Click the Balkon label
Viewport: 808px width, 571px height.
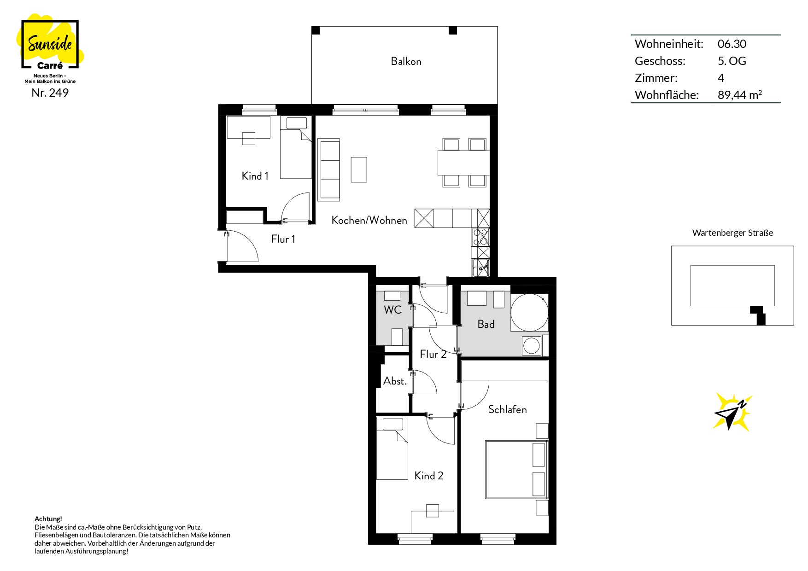click(406, 61)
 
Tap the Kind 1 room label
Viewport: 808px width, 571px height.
click(255, 176)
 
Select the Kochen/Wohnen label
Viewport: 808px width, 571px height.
click(369, 220)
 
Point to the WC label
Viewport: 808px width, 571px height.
click(392, 310)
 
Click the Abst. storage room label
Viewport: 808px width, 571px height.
click(395, 381)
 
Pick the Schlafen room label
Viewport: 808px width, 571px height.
click(507, 409)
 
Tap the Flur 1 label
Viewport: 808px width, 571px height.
click(283, 239)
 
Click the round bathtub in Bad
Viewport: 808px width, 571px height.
click(529, 313)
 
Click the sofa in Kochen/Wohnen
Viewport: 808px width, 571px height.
click(329, 169)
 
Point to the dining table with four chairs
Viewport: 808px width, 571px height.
click(463, 163)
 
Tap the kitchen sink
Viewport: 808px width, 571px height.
click(480, 268)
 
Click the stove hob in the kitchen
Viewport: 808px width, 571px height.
click(480, 237)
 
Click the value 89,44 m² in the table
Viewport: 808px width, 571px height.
click(740, 95)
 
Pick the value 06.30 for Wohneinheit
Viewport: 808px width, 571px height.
click(732, 44)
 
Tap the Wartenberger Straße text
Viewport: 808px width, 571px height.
click(732, 233)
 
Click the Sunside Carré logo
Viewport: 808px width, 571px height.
click(50, 44)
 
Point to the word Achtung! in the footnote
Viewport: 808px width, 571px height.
click(48, 519)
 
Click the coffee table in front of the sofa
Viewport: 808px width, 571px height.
click(359, 169)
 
